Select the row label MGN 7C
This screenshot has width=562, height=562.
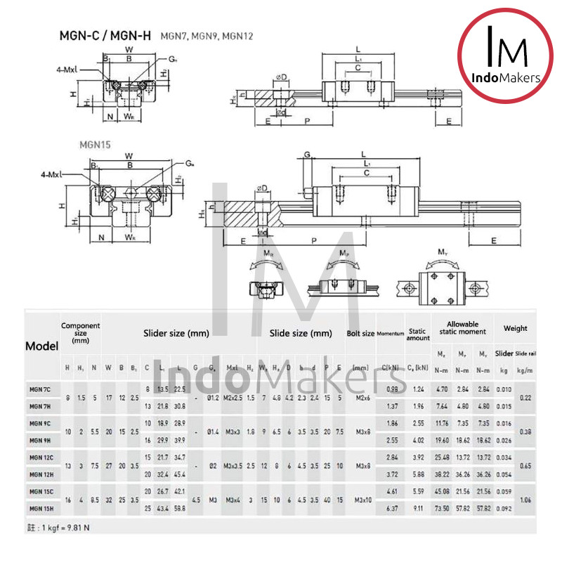pos(41,388)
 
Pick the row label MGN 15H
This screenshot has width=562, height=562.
pos(41,507)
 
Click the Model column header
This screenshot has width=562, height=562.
pos(41,346)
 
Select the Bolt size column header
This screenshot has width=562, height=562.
pos(360,334)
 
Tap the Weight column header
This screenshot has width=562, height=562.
pos(515,328)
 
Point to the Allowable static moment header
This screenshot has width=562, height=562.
pos(462,327)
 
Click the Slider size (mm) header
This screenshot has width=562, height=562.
pos(176,334)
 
